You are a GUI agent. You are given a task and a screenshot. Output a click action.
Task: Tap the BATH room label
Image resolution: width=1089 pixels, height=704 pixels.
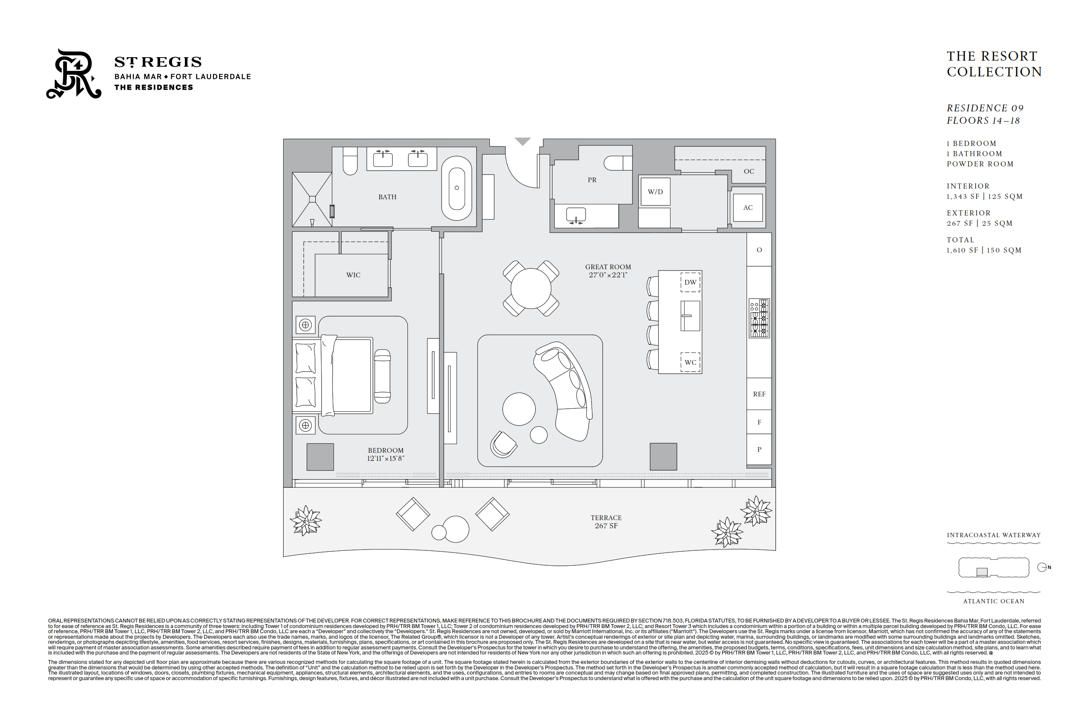(x=387, y=197)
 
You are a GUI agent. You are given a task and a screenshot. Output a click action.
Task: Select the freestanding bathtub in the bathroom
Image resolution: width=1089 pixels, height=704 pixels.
(x=456, y=188)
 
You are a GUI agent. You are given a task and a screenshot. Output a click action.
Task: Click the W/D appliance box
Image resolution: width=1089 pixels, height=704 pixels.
(x=655, y=192)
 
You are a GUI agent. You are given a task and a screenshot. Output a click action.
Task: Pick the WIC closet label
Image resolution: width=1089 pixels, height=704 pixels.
(x=353, y=275)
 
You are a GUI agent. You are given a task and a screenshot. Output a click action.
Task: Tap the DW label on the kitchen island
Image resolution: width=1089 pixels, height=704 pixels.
(x=690, y=282)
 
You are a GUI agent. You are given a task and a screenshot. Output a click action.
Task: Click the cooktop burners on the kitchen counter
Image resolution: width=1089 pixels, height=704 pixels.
(x=759, y=318)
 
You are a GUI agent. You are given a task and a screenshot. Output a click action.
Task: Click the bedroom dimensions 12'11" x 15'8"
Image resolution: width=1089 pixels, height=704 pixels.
(x=386, y=459)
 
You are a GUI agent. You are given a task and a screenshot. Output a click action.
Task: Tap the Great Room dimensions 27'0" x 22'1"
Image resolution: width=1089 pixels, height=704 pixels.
(x=608, y=275)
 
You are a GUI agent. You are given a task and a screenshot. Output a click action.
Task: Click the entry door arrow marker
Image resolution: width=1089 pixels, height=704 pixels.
(x=523, y=141)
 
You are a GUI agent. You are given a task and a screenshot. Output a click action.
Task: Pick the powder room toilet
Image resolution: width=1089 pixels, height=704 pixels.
(x=618, y=163)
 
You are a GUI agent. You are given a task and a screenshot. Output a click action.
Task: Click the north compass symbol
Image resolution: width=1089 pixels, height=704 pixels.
(x=1042, y=567)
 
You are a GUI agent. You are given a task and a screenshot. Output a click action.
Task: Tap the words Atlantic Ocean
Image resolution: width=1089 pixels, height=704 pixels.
(x=994, y=602)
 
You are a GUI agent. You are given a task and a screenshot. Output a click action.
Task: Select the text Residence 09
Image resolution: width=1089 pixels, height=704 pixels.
(x=985, y=108)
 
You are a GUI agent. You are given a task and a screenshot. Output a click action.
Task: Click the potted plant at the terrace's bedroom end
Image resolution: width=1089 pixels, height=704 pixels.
(x=306, y=520)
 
